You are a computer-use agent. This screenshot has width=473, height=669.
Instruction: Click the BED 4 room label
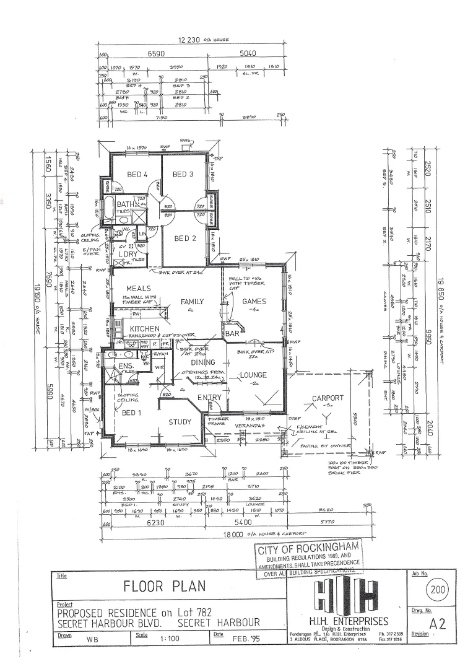click(137, 175)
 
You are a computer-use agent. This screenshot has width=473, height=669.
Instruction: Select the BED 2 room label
click(185, 238)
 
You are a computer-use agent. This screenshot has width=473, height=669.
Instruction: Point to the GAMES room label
click(254, 302)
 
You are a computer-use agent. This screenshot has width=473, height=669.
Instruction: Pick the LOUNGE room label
click(253, 375)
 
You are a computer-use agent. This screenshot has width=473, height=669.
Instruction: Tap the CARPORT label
click(328, 398)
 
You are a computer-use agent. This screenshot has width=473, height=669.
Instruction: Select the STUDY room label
click(181, 423)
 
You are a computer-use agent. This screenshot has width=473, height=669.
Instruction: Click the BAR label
click(232, 333)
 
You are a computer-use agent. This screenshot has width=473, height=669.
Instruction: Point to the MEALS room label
click(139, 289)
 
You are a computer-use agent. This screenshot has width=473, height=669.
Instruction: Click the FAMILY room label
click(192, 302)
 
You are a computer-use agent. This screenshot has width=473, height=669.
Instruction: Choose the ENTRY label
click(209, 398)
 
